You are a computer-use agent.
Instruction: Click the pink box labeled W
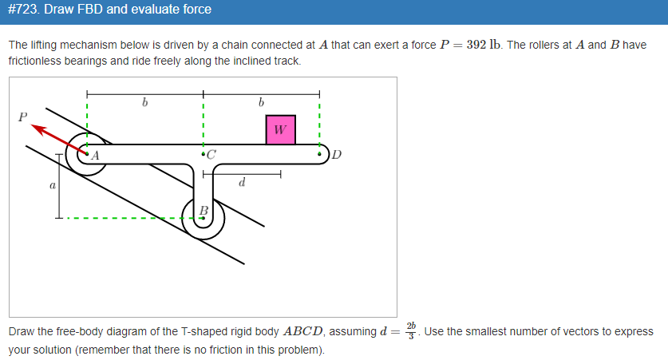[x=280, y=130]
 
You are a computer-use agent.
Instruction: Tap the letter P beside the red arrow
[x=22, y=117]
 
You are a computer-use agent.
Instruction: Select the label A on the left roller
[x=95, y=156]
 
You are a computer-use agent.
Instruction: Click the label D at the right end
[x=336, y=155]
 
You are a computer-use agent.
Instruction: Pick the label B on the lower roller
[x=204, y=210]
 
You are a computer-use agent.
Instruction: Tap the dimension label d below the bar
[x=242, y=184]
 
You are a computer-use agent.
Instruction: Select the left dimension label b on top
[x=144, y=102]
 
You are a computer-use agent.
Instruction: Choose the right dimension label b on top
[x=261, y=102]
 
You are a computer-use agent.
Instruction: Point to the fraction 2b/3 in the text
[x=411, y=330]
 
